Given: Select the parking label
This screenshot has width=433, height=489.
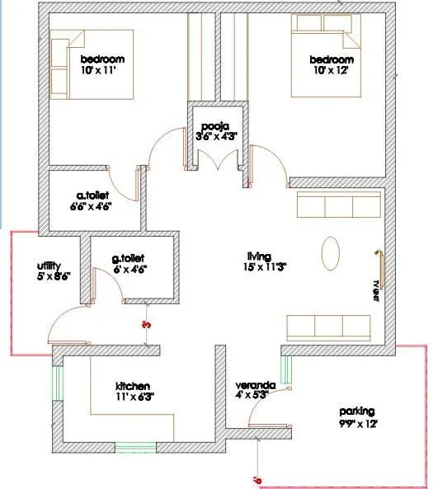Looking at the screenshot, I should click(357, 411).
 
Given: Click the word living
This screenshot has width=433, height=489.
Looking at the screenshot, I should click(259, 255).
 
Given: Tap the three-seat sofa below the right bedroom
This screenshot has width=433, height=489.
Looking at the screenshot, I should click(338, 205).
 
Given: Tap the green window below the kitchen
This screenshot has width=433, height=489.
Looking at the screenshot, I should click(135, 448).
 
